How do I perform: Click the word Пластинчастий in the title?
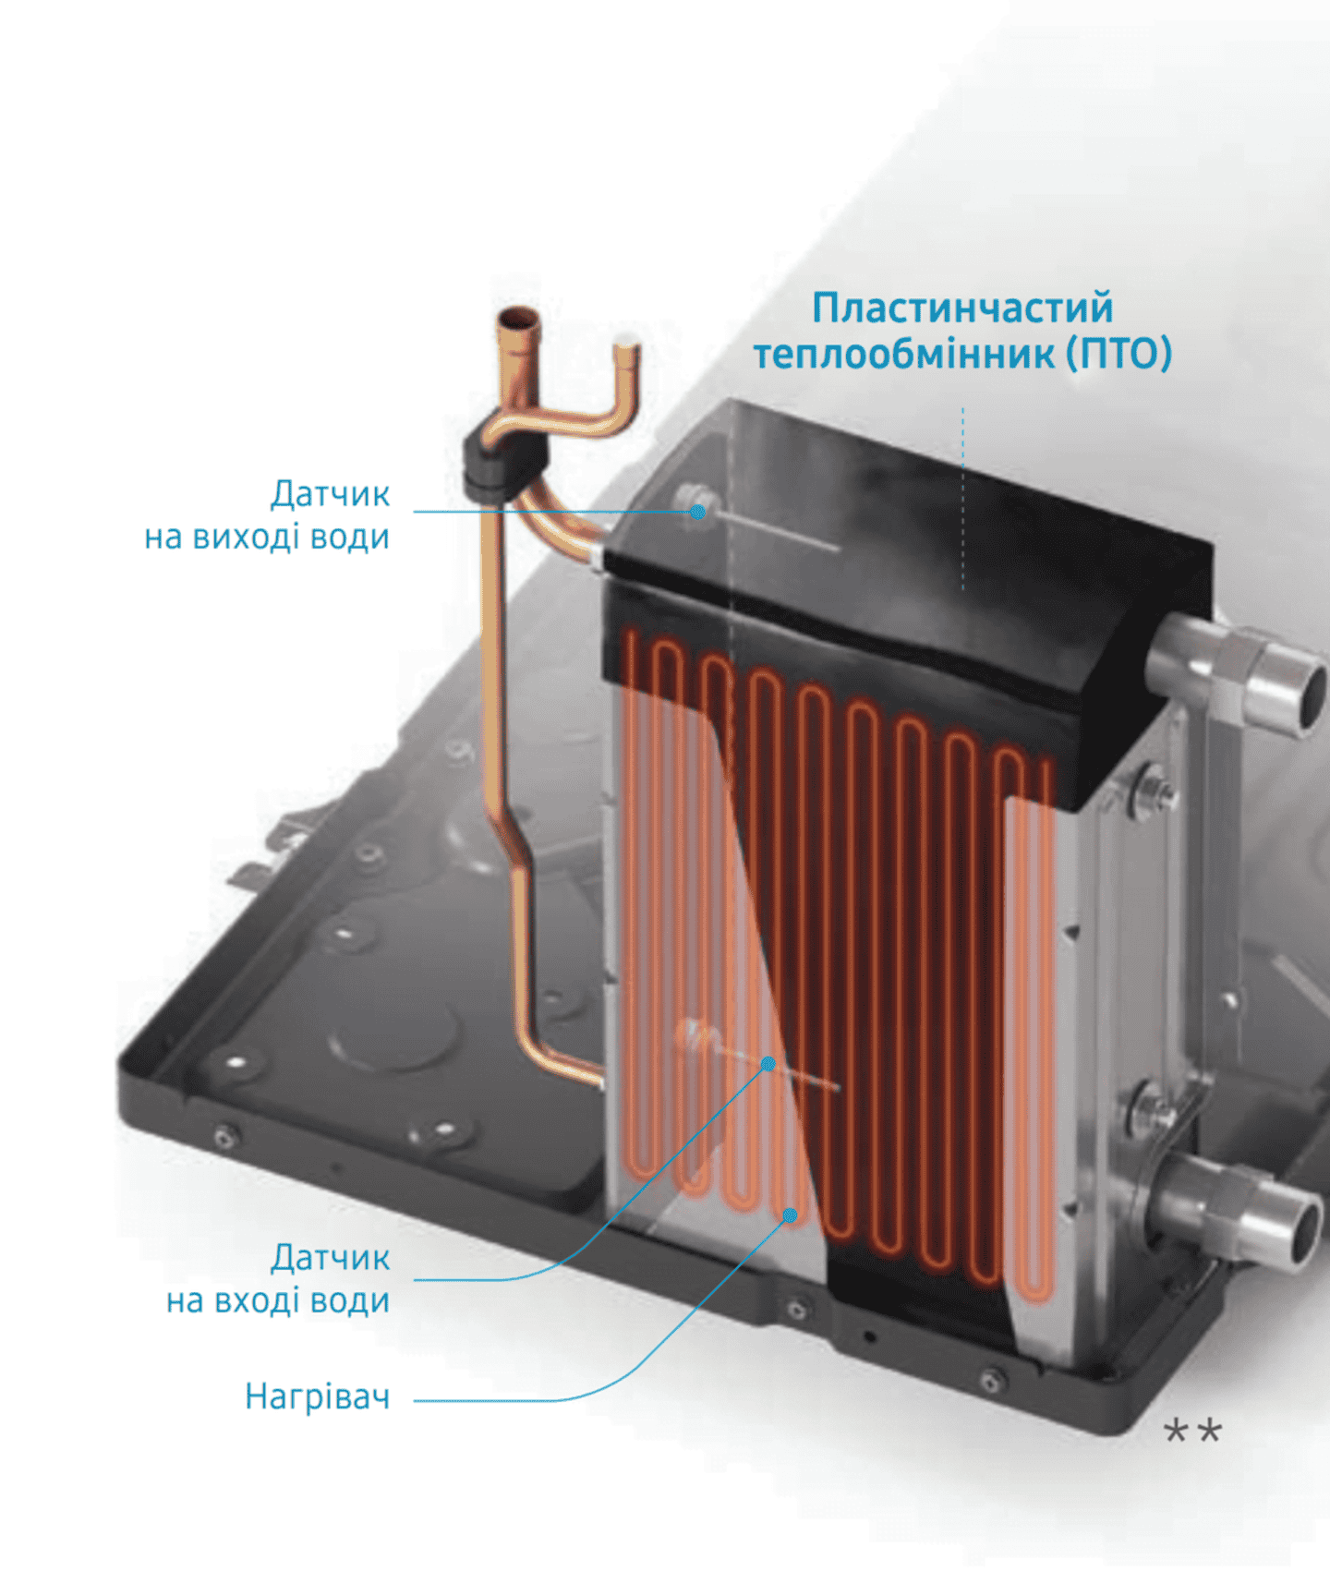click(x=962, y=308)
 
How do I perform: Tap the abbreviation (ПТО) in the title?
click(x=1119, y=353)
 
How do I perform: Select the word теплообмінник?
click(x=904, y=353)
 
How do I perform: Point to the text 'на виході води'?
click(x=267, y=537)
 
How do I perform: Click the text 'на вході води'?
click(x=278, y=1300)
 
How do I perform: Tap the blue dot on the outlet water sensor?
click(x=698, y=512)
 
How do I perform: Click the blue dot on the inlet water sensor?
click(x=768, y=1064)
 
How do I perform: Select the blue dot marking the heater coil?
click(x=791, y=1215)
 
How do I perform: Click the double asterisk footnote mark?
click(x=1193, y=1432)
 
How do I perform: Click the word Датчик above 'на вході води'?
click(x=330, y=1258)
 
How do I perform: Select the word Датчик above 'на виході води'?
click(x=330, y=494)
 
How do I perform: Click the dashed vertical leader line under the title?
click(x=962, y=498)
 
